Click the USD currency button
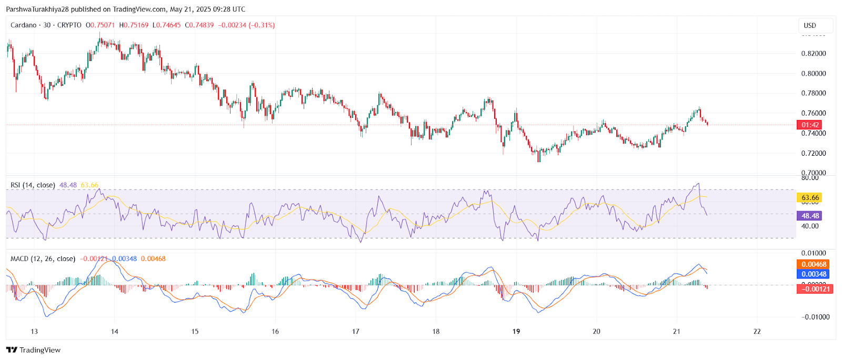[x=810, y=25]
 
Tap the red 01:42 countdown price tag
[x=810, y=125]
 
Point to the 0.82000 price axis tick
[x=813, y=54]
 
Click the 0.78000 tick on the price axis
[x=813, y=93]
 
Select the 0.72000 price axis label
[x=813, y=153]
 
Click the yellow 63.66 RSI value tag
[x=810, y=198]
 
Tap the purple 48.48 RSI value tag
[x=810, y=216]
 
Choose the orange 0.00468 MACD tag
[x=814, y=264]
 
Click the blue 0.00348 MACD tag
[x=814, y=274]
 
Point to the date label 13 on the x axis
[x=34, y=332]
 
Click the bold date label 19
[x=516, y=332]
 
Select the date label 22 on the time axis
[x=757, y=332]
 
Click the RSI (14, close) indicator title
[x=33, y=185]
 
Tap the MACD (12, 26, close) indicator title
[x=43, y=259]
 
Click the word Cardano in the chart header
[x=24, y=25]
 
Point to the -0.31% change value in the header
[x=262, y=25]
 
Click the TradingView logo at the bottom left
[x=34, y=350]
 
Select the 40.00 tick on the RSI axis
[x=810, y=226]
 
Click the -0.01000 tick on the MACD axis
[x=815, y=317]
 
